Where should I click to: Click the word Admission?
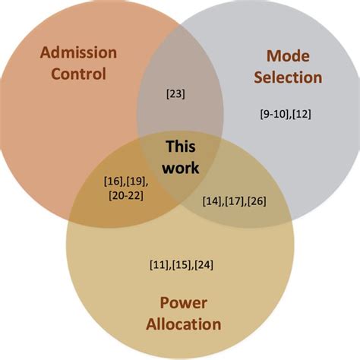[x=78, y=53]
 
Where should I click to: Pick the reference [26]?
[x=256, y=201]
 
